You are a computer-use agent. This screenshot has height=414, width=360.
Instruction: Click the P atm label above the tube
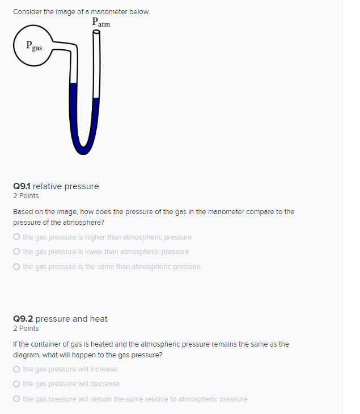(x=100, y=23)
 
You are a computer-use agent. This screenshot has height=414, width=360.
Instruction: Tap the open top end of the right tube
(x=96, y=32)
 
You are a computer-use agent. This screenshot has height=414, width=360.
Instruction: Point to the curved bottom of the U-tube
(x=85, y=148)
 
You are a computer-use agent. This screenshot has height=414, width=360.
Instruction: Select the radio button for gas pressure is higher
(x=17, y=237)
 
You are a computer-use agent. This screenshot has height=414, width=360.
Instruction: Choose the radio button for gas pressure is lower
(x=17, y=252)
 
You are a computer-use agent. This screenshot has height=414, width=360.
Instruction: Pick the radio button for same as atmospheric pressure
(x=17, y=267)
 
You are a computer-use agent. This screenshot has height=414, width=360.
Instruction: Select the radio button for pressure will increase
(x=17, y=369)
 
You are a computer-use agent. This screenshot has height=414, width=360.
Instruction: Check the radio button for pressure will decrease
(x=17, y=384)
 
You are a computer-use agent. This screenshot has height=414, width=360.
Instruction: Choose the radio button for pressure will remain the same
(x=17, y=399)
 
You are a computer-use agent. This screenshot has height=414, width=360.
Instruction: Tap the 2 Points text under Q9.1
(x=26, y=196)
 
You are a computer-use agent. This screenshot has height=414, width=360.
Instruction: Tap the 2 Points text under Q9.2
(x=26, y=328)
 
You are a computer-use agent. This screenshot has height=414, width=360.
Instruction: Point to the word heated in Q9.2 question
(x=95, y=344)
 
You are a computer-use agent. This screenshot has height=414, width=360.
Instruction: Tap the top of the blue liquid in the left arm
(x=73, y=84)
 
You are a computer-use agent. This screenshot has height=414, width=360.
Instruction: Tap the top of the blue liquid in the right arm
(x=96, y=99)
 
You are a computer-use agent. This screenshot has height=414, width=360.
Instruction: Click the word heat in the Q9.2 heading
(x=98, y=319)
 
